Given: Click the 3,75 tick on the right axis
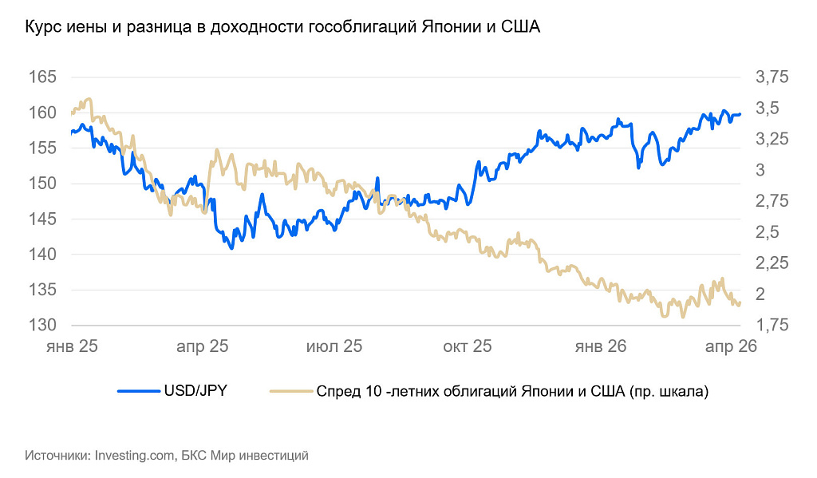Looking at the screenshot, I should [x=771, y=77].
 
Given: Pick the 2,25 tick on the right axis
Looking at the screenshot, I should [x=771, y=263].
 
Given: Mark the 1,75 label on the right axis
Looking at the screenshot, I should [x=771, y=326].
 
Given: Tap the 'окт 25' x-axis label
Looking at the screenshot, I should [x=466, y=347].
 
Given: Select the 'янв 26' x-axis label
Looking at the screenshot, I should [x=600, y=347].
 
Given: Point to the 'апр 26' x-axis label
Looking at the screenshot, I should [x=730, y=347].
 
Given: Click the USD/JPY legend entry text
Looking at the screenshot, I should [x=195, y=391].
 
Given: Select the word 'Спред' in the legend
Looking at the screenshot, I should [x=337, y=391].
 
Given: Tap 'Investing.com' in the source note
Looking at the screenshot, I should [x=134, y=456].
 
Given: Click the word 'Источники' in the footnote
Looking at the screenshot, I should [x=57, y=456].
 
